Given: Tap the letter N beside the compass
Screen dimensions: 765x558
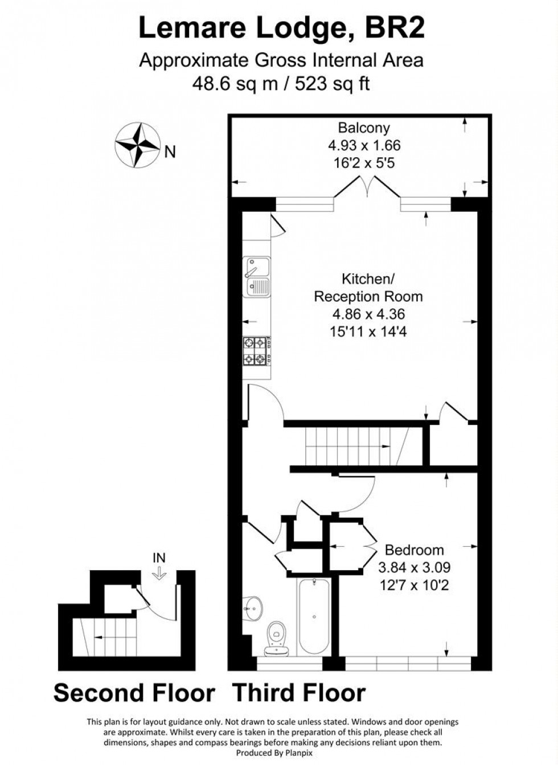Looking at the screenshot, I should tap(170, 152).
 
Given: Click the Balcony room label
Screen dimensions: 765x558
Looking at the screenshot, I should tap(364, 128).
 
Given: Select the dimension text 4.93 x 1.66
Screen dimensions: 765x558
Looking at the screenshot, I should tap(364, 145).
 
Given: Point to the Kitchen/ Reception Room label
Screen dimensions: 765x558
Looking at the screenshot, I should tap(368, 288).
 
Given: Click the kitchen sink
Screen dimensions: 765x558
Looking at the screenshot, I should tap(258, 277).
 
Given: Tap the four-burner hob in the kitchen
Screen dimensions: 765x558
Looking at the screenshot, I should tap(255, 351).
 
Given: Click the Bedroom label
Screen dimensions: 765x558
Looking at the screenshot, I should tap(414, 550).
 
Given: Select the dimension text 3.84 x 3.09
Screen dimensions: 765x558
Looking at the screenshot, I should tap(414, 567).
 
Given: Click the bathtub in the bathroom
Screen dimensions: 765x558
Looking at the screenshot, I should tap(313, 616).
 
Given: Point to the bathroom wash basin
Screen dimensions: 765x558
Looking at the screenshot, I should tap(252, 608).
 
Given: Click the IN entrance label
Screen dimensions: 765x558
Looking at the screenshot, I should tap(159, 558).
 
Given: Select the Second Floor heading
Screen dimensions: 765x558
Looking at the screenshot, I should tap(134, 693).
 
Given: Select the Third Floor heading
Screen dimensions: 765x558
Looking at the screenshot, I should tap(299, 693).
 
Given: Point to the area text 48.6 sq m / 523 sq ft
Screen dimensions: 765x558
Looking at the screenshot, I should tap(281, 84).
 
